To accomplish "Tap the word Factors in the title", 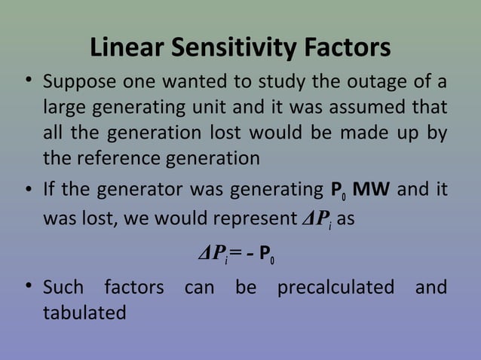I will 346,48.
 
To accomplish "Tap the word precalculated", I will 335,288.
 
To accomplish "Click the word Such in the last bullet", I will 63,288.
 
